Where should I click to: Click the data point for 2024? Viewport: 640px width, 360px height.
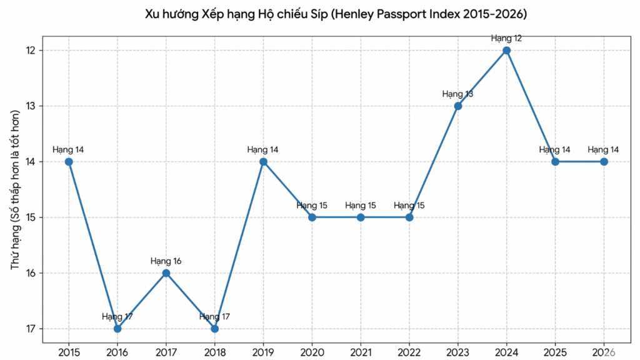click(x=506, y=51)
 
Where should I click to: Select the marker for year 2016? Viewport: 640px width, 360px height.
click(x=117, y=329)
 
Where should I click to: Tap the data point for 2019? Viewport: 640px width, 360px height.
click(x=263, y=162)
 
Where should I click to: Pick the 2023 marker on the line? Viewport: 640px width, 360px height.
click(x=458, y=106)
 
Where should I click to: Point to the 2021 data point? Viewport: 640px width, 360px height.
click(x=361, y=217)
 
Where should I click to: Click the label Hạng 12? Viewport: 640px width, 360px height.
click(x=506, y=39)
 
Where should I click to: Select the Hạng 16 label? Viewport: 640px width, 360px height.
click(x=166, y=261)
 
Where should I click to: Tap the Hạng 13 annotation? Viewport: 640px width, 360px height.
click(x=458, y=94)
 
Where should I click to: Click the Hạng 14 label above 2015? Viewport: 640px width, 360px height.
click(x=69, y=150)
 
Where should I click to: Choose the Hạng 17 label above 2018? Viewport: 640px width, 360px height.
click(x=215, y=317)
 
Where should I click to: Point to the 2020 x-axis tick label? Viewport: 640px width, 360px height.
click(x=312, y=352)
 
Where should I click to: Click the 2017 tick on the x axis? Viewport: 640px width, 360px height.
click(x=166, y=352)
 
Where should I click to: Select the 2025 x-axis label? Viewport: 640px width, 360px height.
click(x=555, y=352)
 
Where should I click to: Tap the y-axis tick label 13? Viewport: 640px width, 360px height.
click(x=32, y=106)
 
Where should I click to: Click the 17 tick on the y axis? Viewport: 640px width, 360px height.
click(x=32, y=329)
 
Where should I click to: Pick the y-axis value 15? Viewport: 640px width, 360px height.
click(x=32, y=217)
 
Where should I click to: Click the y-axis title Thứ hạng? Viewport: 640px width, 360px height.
click(x=15, y=248)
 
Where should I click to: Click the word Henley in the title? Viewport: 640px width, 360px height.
click(x=354, y=14)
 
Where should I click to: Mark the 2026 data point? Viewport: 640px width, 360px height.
click(x=604, y=162)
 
